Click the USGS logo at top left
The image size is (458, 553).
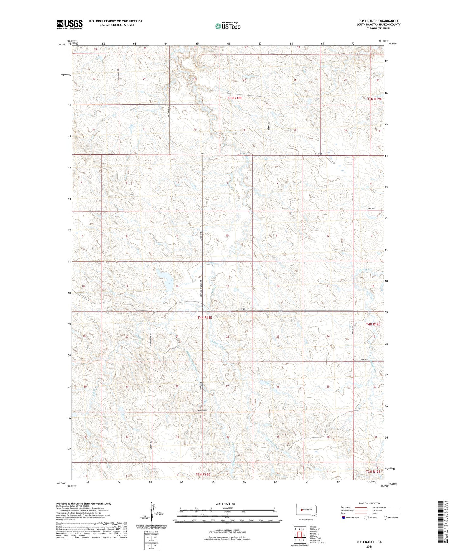(x=70, y=24)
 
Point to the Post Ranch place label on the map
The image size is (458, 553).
(x=202, y=410)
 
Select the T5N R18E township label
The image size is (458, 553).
(x=235, y=98)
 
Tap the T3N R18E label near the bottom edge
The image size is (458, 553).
(x=203, y=474)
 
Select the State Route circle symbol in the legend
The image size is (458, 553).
(x=385, y=518)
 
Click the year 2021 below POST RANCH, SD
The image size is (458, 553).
(x=369, y=546)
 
